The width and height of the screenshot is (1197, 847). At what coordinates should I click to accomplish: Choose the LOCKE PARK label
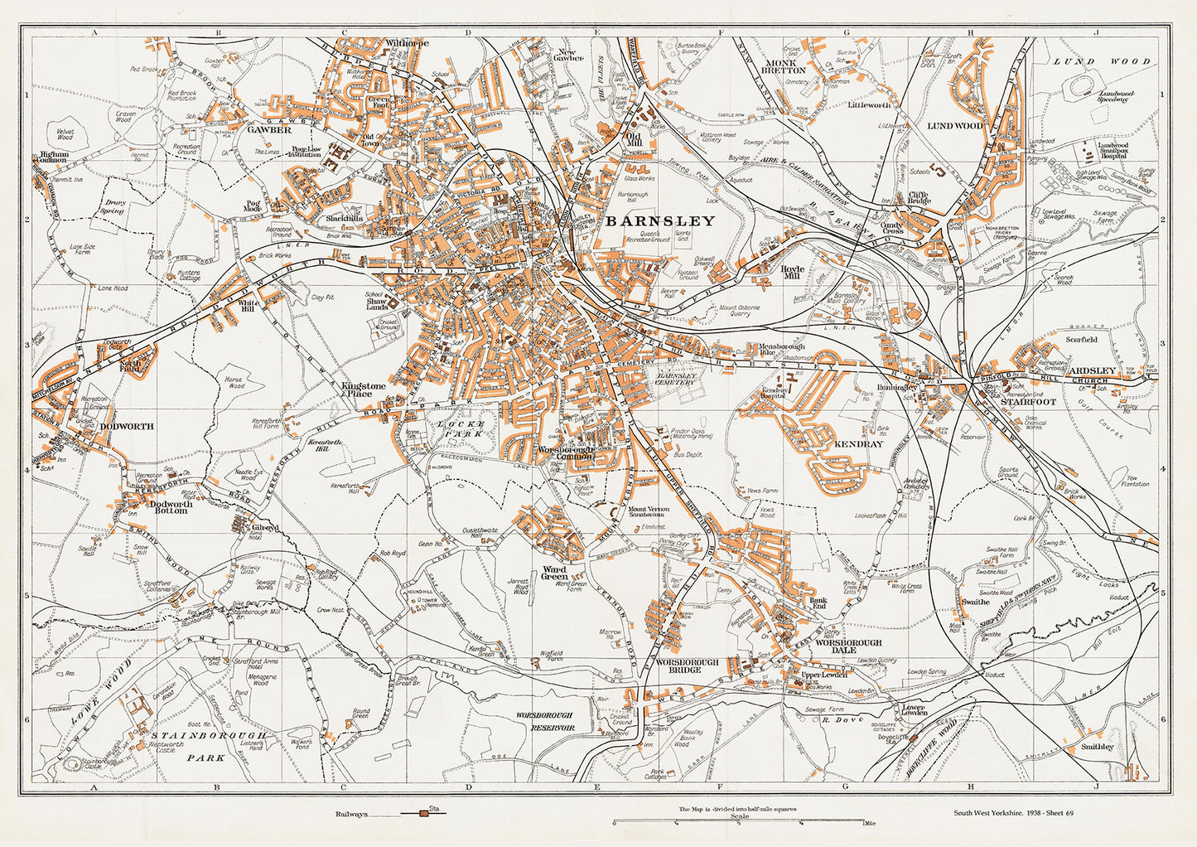tap(453, 428)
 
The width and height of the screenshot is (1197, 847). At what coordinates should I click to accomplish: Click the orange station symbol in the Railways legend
tap(423, 815)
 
